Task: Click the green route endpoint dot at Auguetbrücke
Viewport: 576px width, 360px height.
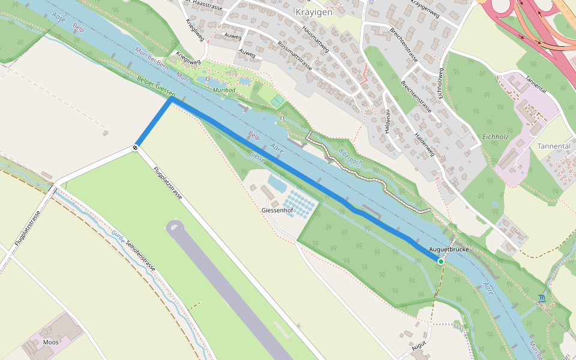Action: click(441, 262)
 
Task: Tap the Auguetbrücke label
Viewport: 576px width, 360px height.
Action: click(449, 249)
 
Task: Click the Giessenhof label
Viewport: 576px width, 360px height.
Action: click(277, 211)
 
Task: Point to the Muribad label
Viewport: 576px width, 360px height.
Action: click(224, 89)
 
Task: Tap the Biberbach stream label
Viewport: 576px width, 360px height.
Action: click(351, 157)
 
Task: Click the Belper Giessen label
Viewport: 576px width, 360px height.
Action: click(156, 86)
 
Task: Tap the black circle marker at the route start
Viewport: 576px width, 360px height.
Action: click(137, 146)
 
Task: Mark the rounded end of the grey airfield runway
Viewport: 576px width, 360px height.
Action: click(175, 227)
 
